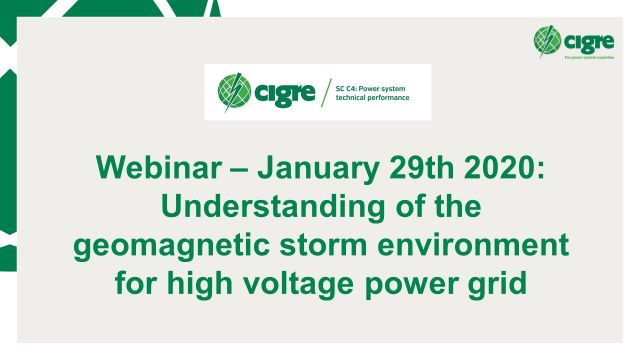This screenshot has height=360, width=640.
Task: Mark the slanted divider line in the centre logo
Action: (x=326, y=93)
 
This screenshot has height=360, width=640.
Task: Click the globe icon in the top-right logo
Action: (x=548, y=40)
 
